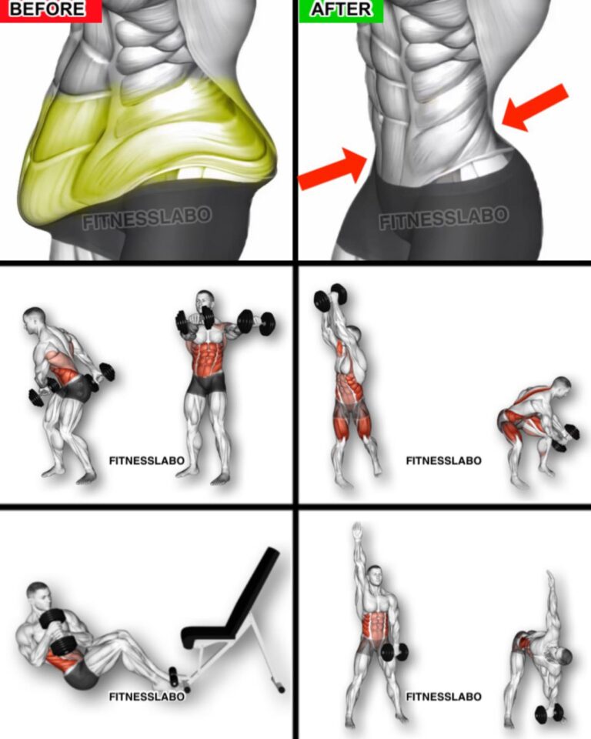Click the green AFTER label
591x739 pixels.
(341, 10)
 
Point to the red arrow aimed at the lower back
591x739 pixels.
(535, 108)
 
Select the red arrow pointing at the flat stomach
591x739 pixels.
(332, 169)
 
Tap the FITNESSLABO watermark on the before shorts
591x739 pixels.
(147, 218)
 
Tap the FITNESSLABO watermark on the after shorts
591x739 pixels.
(444, 217)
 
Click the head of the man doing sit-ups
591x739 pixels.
(38, 595)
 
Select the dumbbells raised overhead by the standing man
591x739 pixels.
(330, 297)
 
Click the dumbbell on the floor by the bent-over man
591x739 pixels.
(549, 713)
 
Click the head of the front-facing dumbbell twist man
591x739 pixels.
(205, 302)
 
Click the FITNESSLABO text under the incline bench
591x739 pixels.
(146, 697)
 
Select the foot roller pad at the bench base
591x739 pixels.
(173, 677)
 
